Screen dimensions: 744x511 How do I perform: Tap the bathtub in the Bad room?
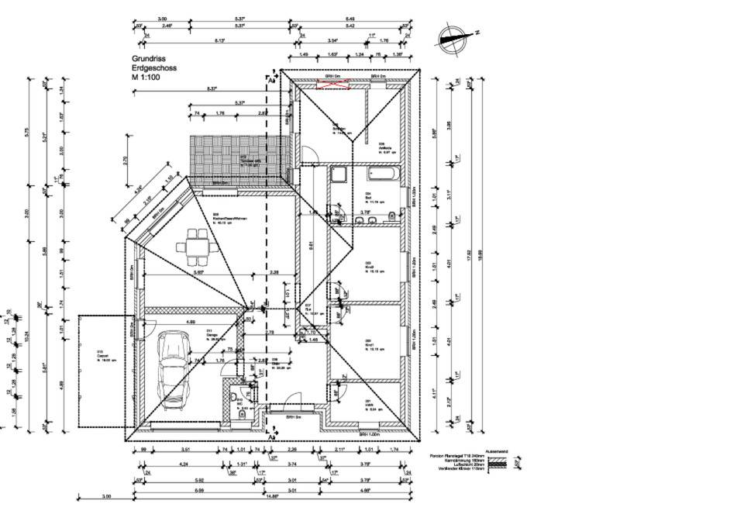(x=384, y=173)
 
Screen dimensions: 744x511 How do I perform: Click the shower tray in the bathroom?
(x=339, y=174)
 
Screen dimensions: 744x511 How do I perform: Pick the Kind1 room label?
(x=370, y=342)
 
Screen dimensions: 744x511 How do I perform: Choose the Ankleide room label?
(x=385, y=145)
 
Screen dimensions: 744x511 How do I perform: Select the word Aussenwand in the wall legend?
(x=496, y=451)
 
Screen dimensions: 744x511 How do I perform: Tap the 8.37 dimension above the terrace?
(x=212, y=89)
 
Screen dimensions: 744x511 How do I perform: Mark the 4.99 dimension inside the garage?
(x=190, y=321)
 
